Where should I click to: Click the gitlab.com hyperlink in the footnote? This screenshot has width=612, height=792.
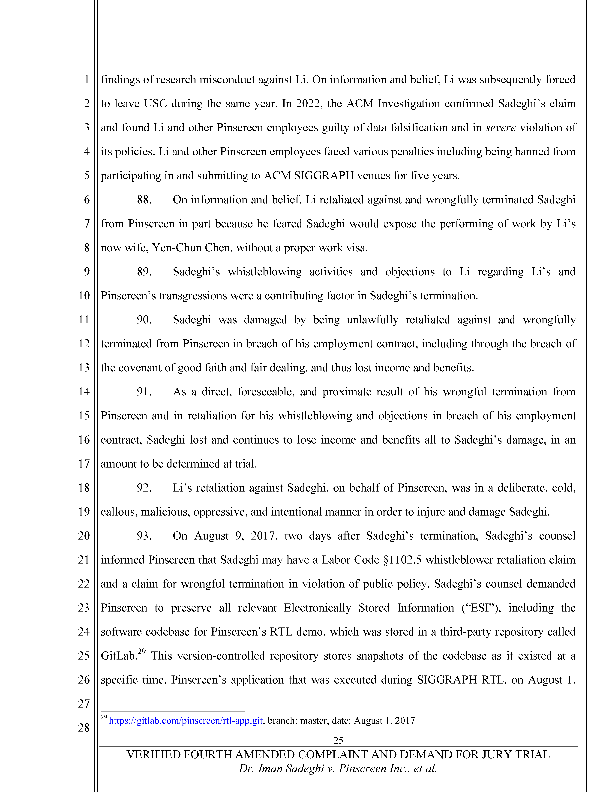point(186,721)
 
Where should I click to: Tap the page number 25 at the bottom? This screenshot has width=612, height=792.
point(338,740)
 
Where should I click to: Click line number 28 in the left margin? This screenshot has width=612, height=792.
point(84,727)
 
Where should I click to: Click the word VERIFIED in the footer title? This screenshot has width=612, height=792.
point(153,755)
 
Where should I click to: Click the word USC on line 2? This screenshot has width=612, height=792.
point(155,104)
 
